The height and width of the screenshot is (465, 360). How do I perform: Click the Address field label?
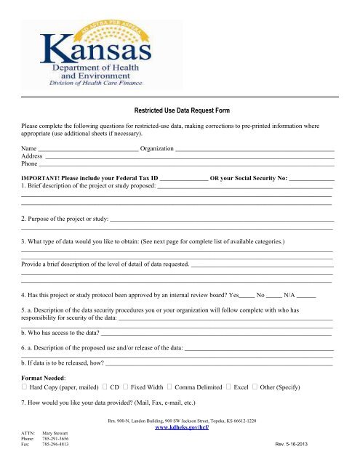pos(32,156)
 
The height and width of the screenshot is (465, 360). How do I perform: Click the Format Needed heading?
pos(44,378)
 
